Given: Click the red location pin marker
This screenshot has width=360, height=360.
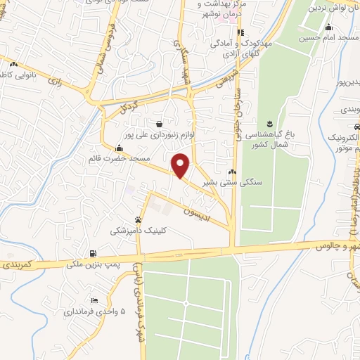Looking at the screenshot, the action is (181, 165).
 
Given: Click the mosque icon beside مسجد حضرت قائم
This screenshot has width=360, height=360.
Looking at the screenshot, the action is (119, 148).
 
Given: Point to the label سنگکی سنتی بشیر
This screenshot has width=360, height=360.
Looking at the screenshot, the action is (231, 181).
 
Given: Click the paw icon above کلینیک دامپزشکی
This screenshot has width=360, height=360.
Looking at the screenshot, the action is (139, 219).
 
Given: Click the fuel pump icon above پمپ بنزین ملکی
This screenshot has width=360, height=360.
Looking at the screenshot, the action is (93, 253).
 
